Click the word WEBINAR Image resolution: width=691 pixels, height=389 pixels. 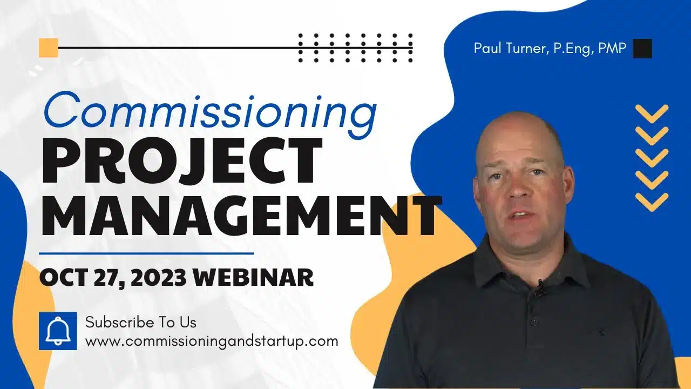[x=253, y=277]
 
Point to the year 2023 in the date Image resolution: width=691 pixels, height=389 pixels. [x=157, y=277]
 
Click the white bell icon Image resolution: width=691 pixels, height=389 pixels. [x=58, y=331]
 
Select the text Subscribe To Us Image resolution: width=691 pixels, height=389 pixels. [x=141, y=323]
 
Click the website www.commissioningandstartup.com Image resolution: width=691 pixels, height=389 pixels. [x=212, y=341]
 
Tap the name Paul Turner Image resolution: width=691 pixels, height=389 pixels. [x=509, y=48]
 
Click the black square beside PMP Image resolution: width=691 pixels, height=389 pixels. [x=642, y=49]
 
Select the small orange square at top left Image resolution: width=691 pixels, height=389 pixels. [x=49, y=48]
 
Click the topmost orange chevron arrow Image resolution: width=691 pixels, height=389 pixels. [x=652, y=113]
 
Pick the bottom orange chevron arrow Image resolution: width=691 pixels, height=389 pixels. [x=652, y=201]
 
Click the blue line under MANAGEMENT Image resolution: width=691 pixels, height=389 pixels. [x=146, y=253]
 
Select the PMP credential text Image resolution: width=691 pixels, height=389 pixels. [x=614, y=48]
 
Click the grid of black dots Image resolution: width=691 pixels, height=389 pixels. [x=355, y=48]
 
